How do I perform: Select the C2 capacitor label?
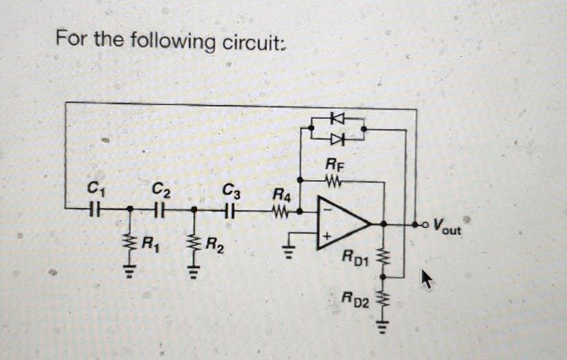[159, 187]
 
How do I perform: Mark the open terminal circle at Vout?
[416, 225]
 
